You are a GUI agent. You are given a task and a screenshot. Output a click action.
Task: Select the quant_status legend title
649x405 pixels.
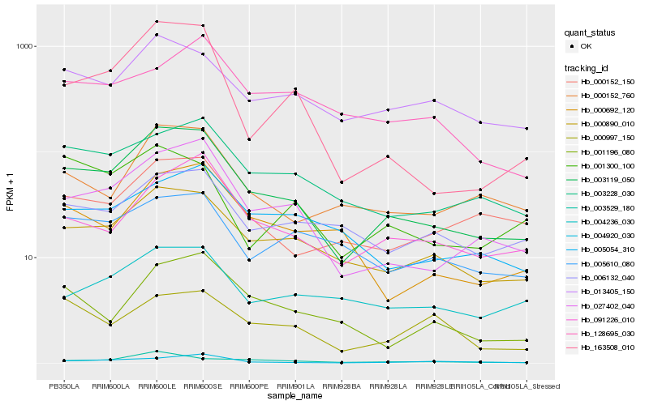pyautogui.click(x=590, y=33)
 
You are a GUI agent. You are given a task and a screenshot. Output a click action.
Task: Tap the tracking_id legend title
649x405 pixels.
pyautogui.click(x=587, y=68)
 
